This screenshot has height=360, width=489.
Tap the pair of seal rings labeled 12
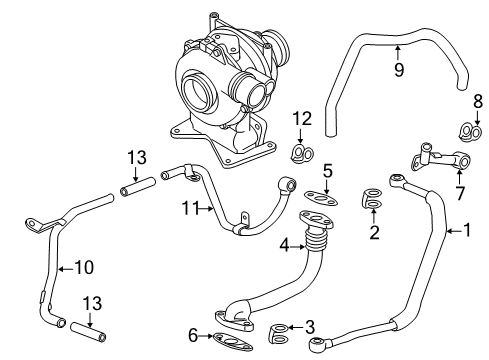[302, 153]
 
